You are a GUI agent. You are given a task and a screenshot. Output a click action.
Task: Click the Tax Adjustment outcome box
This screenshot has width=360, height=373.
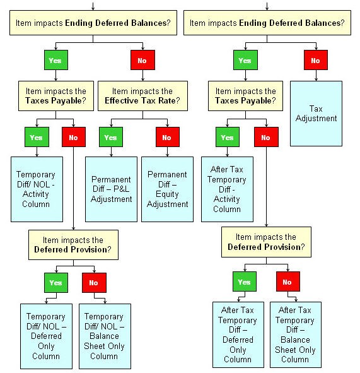pyautogui.click(x=316, y=114)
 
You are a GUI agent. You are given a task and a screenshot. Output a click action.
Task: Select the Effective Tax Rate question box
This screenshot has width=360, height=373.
pyautogui.click(x=142, y=96)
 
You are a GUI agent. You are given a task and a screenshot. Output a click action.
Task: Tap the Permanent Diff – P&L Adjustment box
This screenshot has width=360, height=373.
pyautogui.click(x=111, y=189)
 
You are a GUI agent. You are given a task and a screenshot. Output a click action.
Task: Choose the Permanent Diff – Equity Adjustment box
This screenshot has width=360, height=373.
pyautogui.click(x=167, y=189)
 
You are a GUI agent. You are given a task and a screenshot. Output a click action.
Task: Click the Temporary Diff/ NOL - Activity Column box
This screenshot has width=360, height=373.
pyautogui.click(x=37, y=189)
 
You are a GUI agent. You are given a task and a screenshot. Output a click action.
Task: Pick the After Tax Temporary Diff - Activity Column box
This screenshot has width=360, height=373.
pyautogui.click(x=227, y=189)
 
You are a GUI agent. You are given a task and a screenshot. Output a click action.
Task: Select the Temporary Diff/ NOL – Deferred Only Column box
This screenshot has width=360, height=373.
pyautogui.click(x=46, y=336)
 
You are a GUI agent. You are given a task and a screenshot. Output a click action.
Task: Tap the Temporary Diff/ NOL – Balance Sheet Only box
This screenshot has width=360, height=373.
pyautogui.click(x=105, y=336)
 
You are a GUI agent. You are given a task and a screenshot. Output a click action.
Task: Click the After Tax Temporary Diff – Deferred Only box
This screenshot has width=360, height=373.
pyautogui.click(x=238, y=335)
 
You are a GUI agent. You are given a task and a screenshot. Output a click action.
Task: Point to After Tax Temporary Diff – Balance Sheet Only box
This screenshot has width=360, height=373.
pyautogui.click(x=296, y=335)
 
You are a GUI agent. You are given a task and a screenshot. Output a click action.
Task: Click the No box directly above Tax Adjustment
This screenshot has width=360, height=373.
pyautogui.click(x=316, y=60)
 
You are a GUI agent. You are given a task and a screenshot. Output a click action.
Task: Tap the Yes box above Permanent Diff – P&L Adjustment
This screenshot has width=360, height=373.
pyautogui.click(x=111, y=137)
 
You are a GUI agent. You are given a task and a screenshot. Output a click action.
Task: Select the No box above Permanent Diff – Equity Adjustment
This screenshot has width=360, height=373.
pyautogui.click(x=168, y=137)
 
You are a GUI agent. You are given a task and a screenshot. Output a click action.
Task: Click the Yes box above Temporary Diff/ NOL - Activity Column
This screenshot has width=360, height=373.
pyautogui.click(x=37, y=137)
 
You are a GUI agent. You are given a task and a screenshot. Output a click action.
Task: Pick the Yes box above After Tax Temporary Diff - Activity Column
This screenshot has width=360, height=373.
pyautogui.click(x=228, y=137)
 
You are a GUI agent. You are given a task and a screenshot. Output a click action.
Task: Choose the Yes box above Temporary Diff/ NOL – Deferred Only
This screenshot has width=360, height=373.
pyautogui.click(x=56, y=283)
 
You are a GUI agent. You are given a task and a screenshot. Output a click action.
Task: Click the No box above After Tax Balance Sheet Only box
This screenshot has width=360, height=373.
pyautogui.click(x=288, y=281)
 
